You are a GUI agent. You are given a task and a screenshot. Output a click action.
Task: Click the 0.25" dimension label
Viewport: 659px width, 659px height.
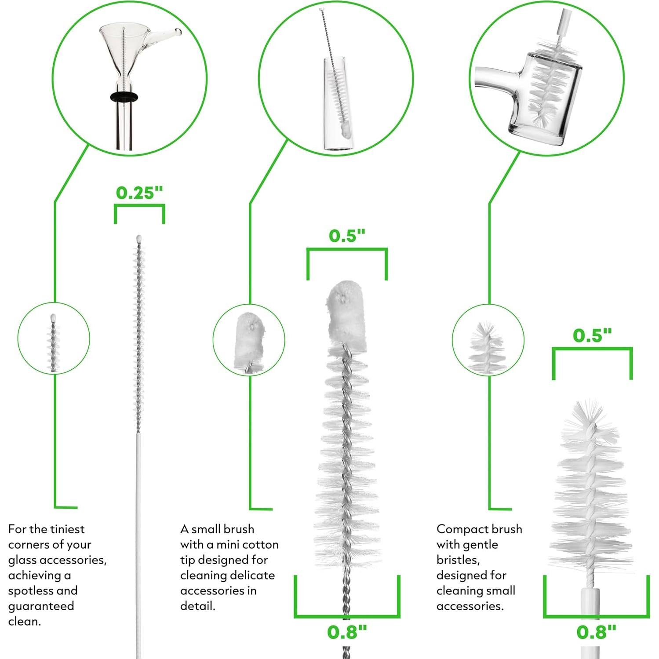click(139, 193)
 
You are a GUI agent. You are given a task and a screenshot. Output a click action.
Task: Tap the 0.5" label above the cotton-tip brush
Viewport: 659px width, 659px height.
click(347, 236)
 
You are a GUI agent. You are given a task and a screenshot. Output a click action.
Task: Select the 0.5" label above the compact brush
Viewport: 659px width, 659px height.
click(592, 335)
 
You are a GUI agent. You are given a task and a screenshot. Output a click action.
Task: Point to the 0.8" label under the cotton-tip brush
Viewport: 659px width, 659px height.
click(347, 632)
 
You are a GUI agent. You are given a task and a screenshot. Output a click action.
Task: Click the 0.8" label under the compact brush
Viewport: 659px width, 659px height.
click(596, 632)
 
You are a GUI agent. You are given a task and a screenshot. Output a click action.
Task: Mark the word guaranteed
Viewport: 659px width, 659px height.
click(41, 606)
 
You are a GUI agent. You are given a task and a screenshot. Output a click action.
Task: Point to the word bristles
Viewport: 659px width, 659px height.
click(458, 560)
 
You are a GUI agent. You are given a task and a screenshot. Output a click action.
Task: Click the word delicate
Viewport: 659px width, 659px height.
click(254, 575)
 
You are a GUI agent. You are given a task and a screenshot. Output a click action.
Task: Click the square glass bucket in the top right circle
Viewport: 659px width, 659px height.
click(545, 99)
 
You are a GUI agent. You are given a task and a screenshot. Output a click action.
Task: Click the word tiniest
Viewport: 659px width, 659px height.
click(67, 529)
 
